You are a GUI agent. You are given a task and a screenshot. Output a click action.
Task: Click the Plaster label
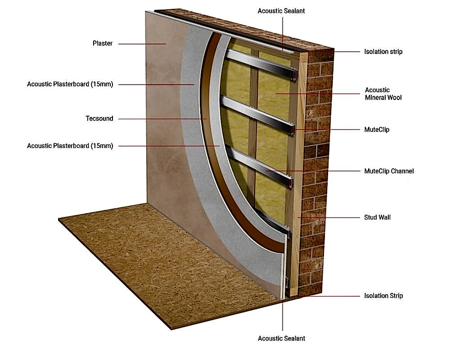click(x=103, y=43)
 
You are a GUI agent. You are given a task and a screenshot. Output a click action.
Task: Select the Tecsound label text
click(x=99, y=118)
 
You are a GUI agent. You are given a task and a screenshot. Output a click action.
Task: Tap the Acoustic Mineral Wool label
click(x=383, y=94)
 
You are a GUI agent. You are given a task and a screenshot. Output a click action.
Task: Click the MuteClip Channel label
click(x=389, y=171)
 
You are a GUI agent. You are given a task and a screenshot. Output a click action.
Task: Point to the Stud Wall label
click(x=378, y=217)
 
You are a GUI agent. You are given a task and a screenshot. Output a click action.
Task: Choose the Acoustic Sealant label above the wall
click(x=281, y=11)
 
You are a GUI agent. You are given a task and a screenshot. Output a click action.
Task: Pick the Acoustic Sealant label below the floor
click(x=281, y=338)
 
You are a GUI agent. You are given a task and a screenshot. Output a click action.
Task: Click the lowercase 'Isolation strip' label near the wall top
click(x=383, y=52)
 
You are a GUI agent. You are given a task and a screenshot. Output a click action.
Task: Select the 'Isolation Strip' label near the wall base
click(x=383, y=296)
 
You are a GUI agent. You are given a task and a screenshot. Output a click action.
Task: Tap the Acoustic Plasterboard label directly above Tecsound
click(x=70, y=84)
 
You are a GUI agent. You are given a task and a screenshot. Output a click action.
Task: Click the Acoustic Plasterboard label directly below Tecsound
click(x=70, y=146)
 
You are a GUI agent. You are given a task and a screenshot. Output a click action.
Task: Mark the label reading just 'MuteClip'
click(x=377, y=130)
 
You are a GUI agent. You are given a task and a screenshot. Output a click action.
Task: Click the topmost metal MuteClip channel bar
click(x=261, y=64)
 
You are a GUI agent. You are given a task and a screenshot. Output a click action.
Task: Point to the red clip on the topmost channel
click(x=294, y=75)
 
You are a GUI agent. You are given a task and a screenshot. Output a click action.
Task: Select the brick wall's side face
click(x=316, y=172)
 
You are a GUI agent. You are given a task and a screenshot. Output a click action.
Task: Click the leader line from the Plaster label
click(x=142, y=44)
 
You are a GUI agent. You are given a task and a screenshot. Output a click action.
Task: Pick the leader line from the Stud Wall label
click(x=328, y=218)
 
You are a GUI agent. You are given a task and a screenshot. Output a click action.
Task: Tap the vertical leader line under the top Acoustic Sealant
click(x=283, y=34)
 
